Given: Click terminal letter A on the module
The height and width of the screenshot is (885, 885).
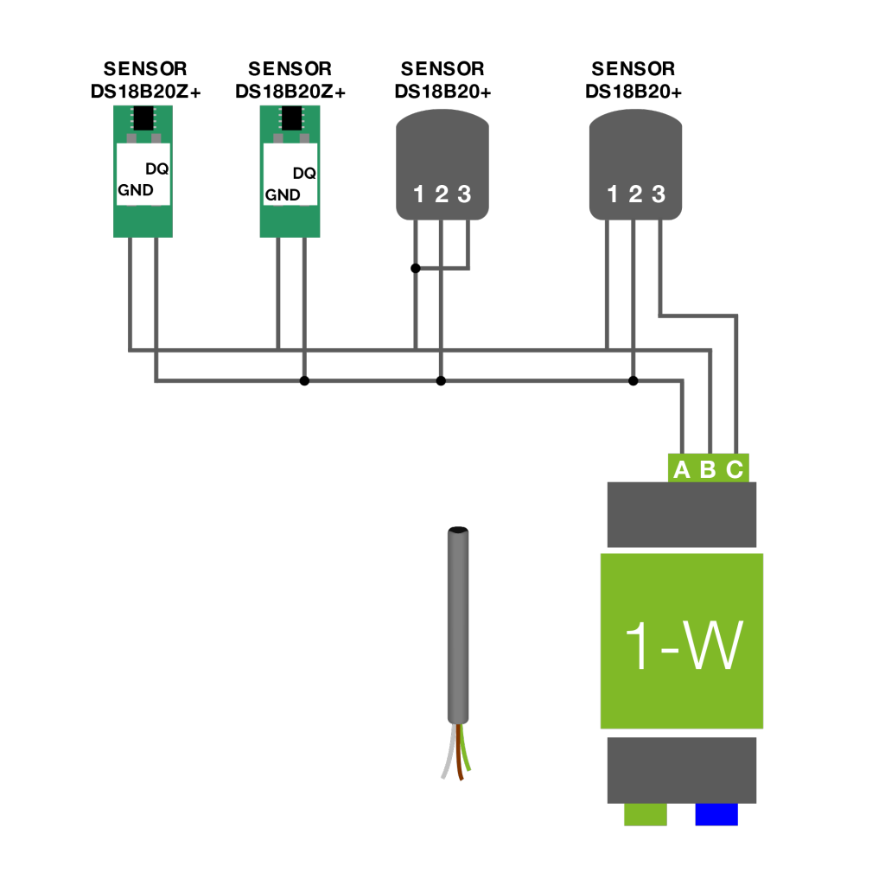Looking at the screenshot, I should click(x=681, y=469).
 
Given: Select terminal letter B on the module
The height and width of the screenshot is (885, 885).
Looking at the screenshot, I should click(x=708, y=469).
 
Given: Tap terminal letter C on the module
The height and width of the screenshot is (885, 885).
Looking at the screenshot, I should click(x=735, y=469).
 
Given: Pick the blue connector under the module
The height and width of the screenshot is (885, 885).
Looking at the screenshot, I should click(x=716, y=815).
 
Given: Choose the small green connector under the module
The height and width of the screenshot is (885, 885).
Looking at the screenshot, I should click(x=646, y=815).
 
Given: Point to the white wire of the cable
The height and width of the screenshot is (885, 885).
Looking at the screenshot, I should click(x=448, y=756).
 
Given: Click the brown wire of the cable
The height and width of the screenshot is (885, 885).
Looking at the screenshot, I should click(x=458, y=759).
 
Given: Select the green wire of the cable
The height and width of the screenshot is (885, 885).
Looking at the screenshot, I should click(x=466, y=752).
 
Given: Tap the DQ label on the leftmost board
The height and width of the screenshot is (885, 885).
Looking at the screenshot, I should click(x=156, y=169).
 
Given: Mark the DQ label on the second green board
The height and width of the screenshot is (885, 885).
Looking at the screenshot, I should click(x=304, y=173).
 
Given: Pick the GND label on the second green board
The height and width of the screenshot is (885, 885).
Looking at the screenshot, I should click(x=283, y=195).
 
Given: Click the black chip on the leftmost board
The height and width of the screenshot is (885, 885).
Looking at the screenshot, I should click(x=143, y=117).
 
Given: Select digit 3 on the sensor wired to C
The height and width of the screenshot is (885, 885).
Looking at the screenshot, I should click(x=659, y=194).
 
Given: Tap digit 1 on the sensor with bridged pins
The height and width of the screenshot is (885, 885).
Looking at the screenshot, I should click(x=418, y=194).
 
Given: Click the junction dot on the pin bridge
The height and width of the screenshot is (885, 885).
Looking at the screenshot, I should click(x=416, y=268).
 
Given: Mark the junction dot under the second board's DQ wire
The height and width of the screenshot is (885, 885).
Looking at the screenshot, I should click(x=304, y=380).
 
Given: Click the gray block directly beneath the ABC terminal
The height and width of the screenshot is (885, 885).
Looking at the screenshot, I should click(x=682, y=515).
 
